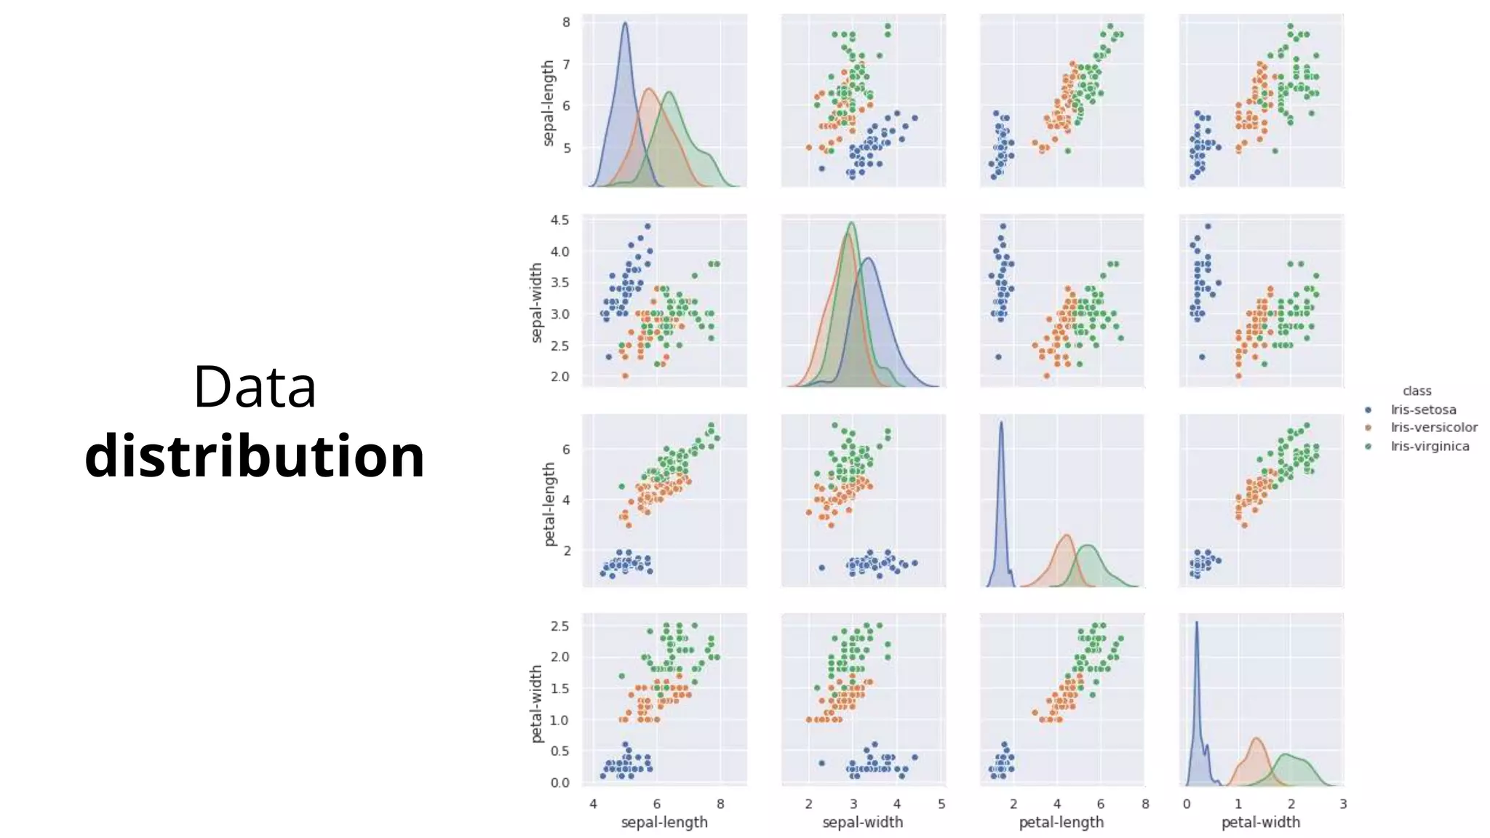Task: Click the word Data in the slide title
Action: (255, 387)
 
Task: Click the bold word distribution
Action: (255, 456)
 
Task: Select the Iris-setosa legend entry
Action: (1422, 410)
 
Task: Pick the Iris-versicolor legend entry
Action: (1433, 428)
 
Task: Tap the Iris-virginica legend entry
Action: (1430, 446)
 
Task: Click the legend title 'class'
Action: (1417, 391)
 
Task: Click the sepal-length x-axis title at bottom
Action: (664, 822)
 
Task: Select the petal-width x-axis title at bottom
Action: (1260, 822)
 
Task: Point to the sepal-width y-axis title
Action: (536, 303)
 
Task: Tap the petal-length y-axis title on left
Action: (549, 504)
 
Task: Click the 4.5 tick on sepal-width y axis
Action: (560, 220)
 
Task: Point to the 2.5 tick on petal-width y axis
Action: (560, 626)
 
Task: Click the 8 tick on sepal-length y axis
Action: (566, 23)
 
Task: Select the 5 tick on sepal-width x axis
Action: (941, 804)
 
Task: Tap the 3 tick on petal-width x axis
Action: (1343, 804)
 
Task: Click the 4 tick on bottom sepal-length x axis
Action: (593, 804)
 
